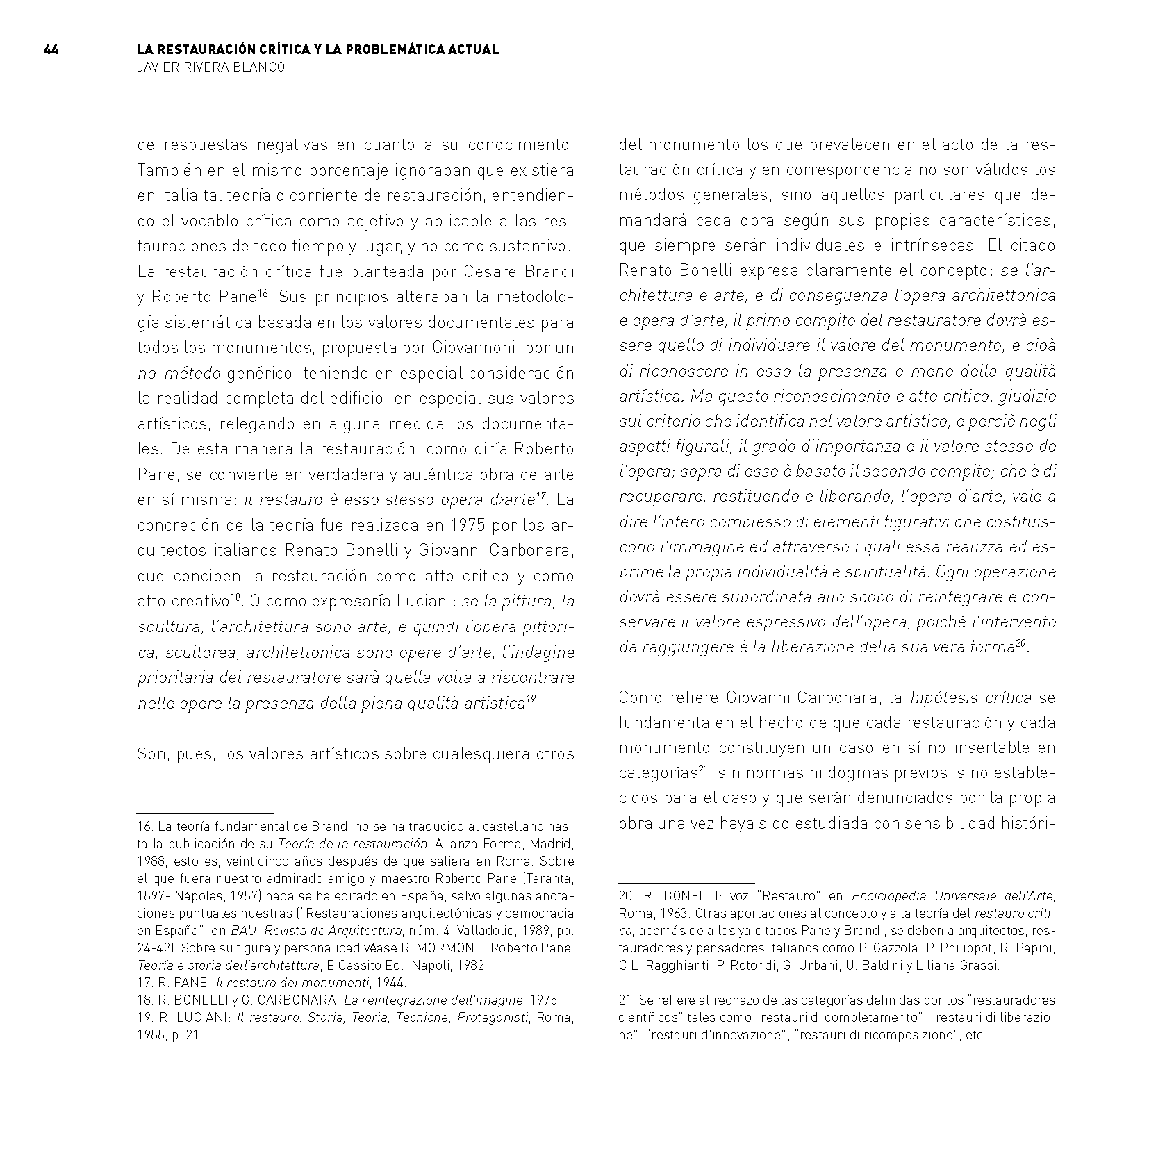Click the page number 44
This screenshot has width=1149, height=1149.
coord(51,49)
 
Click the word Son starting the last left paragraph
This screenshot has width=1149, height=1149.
coord(153,754)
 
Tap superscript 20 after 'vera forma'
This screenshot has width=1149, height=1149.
coord(1021,644)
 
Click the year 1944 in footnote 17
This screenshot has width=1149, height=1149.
coord(391,983)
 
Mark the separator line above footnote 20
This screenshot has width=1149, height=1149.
coord(686,883)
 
